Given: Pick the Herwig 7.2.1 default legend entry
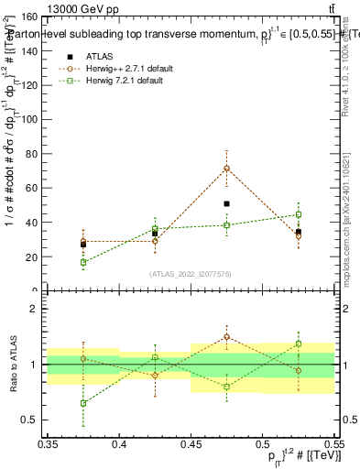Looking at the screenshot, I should pyautogui.click(x=115, y=81).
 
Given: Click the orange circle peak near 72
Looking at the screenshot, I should pyautogui.click(x=226, y=169).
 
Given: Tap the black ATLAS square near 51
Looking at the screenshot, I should pyautogui.click(x=226, y=203).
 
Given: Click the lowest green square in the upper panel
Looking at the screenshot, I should pyautogui.click(x=83, y=262).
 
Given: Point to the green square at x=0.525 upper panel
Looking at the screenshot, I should pyautogui.click(x=298, y=214).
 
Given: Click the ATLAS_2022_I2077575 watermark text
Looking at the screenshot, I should pyautogui.click(x=191, y=273).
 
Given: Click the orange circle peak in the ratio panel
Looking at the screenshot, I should pyautogui.click(x=226, y=336).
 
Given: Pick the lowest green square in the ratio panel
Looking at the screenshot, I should pyautogui.click(x=83, y=403).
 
